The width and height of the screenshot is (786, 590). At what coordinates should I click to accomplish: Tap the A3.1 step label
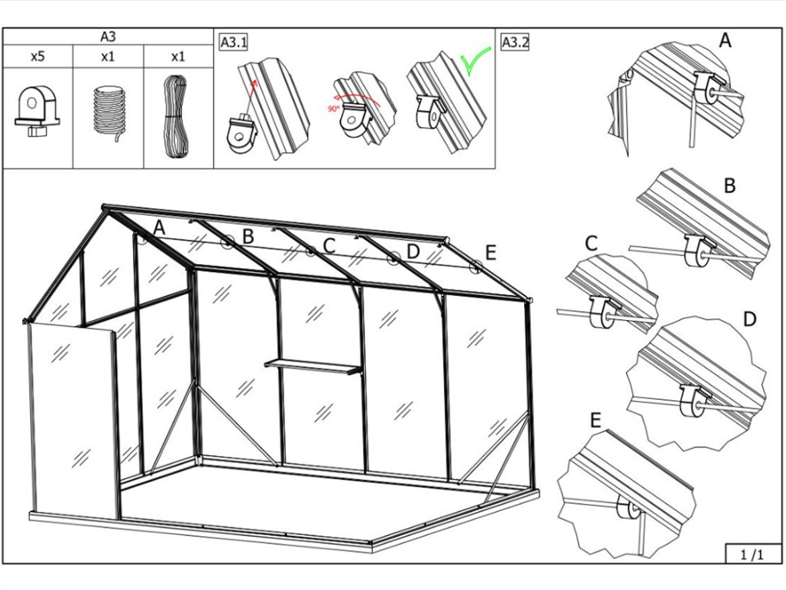pos(234,42)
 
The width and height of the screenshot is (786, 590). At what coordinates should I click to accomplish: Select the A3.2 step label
pos(515,42)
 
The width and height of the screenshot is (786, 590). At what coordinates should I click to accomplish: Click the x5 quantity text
pos(38,56)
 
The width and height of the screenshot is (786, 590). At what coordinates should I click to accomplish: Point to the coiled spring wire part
pos(107,114)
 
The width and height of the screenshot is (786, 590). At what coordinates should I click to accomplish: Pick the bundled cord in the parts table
pos(177,117)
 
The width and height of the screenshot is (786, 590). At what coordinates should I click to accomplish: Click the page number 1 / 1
pos(752,554)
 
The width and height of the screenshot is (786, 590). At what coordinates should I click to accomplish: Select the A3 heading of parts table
pos(107,36)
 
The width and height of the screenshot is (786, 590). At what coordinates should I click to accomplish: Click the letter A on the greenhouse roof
pos(159,228)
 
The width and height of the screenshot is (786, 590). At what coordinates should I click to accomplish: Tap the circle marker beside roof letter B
pos(228,242)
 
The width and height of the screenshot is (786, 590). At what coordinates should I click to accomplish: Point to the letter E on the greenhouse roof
pos(490,253)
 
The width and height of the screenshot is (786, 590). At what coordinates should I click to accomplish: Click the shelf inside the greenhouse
pos(313,366)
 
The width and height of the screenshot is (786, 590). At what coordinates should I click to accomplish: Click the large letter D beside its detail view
pos(749,319)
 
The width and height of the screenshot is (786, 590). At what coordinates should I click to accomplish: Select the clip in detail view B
pos(696,250)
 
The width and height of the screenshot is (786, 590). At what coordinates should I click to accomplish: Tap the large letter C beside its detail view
pos(591,244)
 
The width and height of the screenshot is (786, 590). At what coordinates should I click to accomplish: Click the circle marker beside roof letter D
pos(394,259)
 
